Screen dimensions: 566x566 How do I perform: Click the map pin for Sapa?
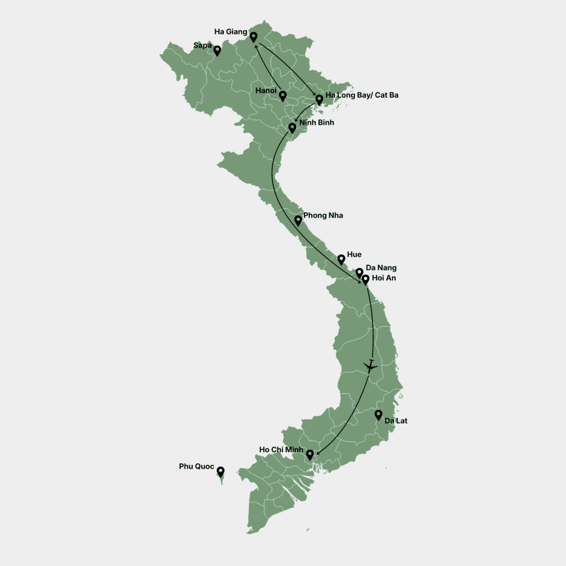tap(217, 50)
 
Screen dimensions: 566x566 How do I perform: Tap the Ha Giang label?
tap(230, 32)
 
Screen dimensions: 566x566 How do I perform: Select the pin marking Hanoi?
tap(282, 96)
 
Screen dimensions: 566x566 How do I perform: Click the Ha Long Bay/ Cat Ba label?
tap(361, 95)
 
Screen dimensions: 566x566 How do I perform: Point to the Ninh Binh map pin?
tap(292, 128)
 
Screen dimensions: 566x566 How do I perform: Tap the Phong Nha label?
tap(323, 215)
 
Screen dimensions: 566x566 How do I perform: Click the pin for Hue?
tap(342, 258)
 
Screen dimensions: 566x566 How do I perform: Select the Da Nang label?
tap(381, 268)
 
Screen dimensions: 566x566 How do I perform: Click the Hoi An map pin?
tap(365, 279)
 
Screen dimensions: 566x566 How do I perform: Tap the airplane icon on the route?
tap(370, 365)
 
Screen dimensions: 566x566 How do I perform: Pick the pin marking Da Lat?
tap(379, 414)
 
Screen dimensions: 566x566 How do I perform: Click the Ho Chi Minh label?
tap(281, 449)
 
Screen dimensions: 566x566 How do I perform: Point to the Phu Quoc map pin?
tap(221, 471)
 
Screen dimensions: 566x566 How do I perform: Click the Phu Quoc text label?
tap(196, 467)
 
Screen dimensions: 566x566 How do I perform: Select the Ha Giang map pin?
tap(253, 36)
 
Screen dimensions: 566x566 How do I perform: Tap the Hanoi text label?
tap(266, 90)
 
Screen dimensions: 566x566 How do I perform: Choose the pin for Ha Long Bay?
tap(319, 99)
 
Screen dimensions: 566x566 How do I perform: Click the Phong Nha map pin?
tap(298, 220)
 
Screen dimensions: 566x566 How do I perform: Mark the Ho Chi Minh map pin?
tap(310, 454)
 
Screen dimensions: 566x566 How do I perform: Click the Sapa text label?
tap(202, 45)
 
